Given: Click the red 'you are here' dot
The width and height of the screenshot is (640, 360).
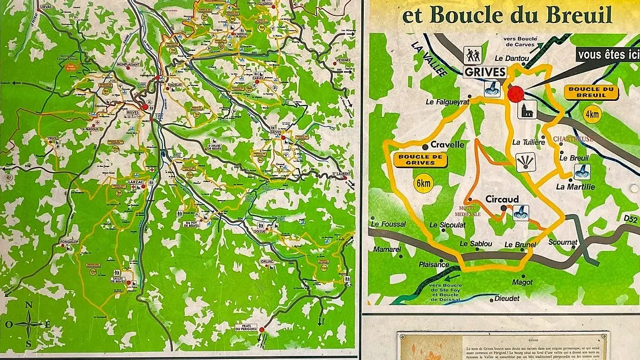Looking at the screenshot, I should [x=516, y=94].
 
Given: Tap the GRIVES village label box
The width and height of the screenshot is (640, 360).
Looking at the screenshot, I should [x=485, y=72].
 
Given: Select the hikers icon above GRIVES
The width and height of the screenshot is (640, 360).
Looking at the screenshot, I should [x=472, y=53].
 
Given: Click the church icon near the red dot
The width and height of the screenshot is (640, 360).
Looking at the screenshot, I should [x=527, y=109].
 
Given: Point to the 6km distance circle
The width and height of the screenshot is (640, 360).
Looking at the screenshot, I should [x=422, y=183].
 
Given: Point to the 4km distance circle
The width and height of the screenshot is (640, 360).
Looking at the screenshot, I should [x=592, y=114].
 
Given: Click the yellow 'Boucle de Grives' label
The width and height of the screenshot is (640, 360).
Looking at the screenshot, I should [x=420, y=159].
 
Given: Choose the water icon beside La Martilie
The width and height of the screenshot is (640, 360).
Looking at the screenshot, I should [x=582, y=172].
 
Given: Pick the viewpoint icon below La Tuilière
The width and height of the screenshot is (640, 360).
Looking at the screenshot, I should [x=524, y=164].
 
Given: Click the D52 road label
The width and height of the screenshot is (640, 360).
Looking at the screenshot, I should [x=630, y=220].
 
